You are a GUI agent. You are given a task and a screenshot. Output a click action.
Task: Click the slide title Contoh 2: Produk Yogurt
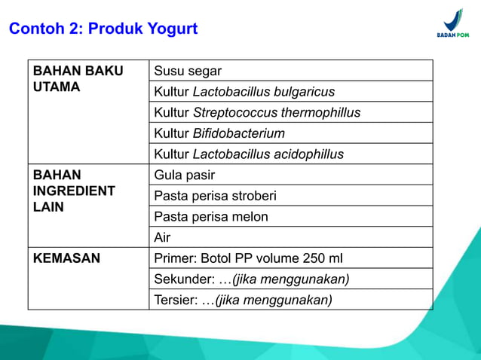tap(103, 29)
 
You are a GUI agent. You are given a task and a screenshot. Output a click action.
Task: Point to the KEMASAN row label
tap(66, 258)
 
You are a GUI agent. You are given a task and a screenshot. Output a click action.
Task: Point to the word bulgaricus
tap(302, 92)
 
